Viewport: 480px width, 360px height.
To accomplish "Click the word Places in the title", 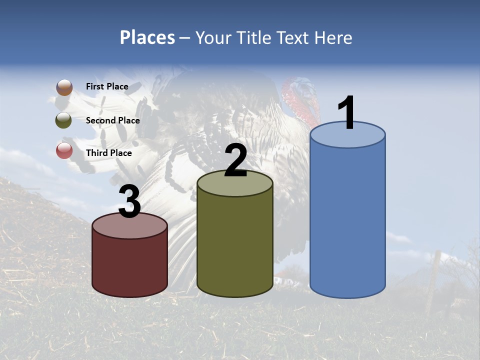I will coord(147,37).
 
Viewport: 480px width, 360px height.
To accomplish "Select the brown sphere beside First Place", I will coord(64,87).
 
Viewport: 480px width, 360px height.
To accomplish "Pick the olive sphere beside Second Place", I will coord(64,120).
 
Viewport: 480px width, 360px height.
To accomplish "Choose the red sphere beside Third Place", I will coord(64,150).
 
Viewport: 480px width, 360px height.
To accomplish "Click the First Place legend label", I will coord(107,86).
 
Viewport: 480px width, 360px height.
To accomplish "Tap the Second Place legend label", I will coord(112,120).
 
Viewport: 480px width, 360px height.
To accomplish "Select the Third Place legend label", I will coord(108,153).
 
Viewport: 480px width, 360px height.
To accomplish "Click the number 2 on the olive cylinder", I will coord(235,160).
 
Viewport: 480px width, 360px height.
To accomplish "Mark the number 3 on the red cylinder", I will coord(130,201).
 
